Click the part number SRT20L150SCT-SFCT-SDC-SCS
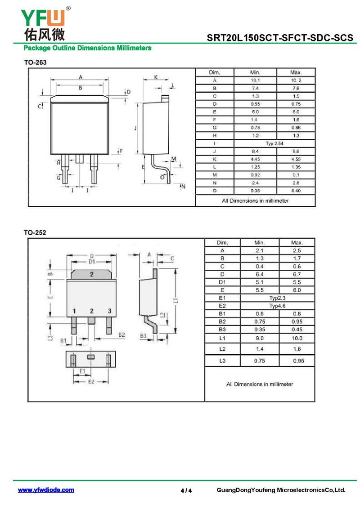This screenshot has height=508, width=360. click(x=280, y=38)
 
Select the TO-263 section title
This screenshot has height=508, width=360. click(x=36, y=62)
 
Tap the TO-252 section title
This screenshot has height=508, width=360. click(x=35, y=232)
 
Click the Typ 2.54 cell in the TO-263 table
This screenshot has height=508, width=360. click(x=274, y=143)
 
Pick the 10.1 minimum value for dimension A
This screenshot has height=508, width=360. click(x=255, y=80)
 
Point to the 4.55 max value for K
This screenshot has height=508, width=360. click(x=296, y=159)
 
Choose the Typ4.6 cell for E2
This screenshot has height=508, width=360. click(x=277, y=306)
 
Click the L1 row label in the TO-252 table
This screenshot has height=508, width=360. click(x=222, y=338)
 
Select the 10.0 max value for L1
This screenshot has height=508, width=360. click(x=297, y=338)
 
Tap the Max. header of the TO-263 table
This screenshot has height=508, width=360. click(x=296, y=72)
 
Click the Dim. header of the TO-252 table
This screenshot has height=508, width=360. click(x=222, y=242)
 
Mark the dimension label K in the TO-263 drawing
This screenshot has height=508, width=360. click(x=156, y=77)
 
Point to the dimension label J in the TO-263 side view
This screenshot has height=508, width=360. click(x=135, y=128)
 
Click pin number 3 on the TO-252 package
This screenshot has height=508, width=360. click(x=110, y=311)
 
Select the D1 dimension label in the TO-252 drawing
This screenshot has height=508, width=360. click(x=92, y=262)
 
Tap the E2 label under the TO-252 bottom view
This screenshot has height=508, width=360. click(x=91, y=382)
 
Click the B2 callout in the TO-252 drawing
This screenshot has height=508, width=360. click(x=121, y=334)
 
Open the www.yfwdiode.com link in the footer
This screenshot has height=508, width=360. click(x=46, y=490)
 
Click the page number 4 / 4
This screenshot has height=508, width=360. click(x=186, y=490)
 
